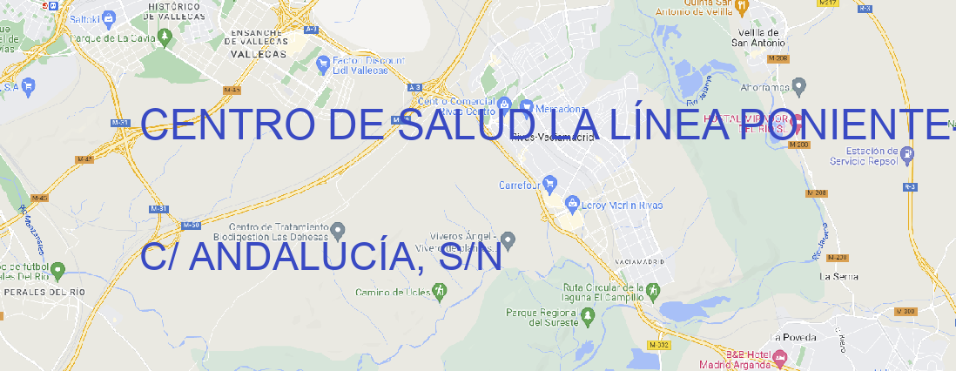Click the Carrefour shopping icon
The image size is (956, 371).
click(x=550, y=184)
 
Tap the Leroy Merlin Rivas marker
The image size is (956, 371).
click(x=572, y=205)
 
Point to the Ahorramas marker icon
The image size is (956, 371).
click(x=799, y=85)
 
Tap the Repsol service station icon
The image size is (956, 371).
click(x=907, y=155)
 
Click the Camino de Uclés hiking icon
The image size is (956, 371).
click(x=439, y=292)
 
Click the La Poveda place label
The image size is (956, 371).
click(x=794, y=337)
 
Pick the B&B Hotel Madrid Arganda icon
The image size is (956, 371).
click(x=780, y=356)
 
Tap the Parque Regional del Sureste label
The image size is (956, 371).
click(x=542, y=316)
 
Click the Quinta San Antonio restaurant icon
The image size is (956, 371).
click(x=741, y=6)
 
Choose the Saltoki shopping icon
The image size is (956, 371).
click(x=109, y=17)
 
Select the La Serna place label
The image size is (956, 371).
click(x=839, y=276)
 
